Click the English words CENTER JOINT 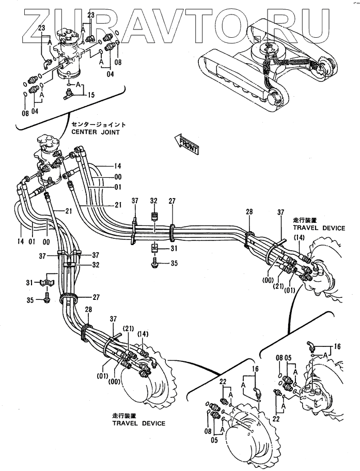pyautogui.click(x=96, y=132)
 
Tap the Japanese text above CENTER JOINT pyautogui.click(x=99, y=125)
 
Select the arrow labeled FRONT pyautogui.click(x=186, y=144)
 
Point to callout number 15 pyautogui.click(x=91, y=95)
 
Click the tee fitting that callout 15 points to pyautogui.click(x=69, y=96)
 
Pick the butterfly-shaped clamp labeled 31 pyautogui.click(x=46, y=282)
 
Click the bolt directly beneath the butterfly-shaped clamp pyautogui.click(x=47, y=297)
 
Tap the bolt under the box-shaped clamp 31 pyautogui.click(x=155, y=263)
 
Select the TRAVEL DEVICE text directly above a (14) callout pyautogui.click(x=319, y=228)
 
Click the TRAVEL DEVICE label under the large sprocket pyautogui.click(x=138, y=423)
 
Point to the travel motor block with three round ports pyautogui.click(x=314, y=396)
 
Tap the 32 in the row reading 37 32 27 pyautogui.click(x=153, y=201)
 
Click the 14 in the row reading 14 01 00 pyautogui.click(x=20, y=241)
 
